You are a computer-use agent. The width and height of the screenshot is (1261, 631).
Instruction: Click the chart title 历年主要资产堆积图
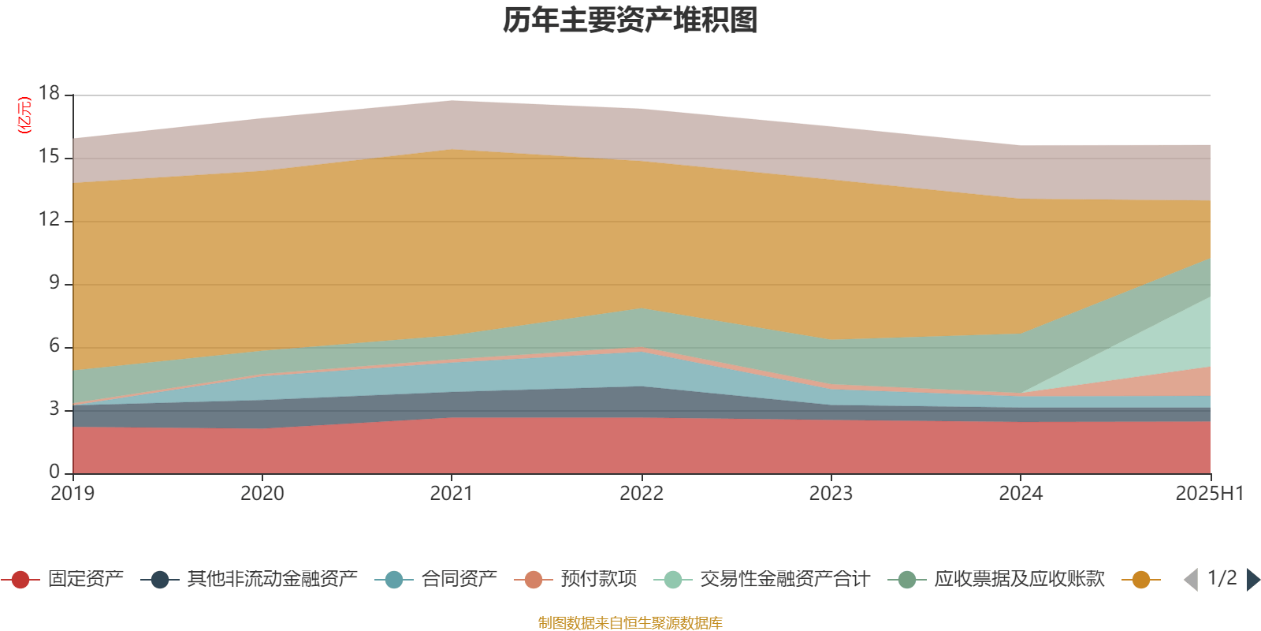[x=630, y=21]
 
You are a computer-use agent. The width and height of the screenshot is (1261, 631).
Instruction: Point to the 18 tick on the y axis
[x=50, y=94]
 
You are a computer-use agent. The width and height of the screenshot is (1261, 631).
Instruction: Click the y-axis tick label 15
[x=50, y=157]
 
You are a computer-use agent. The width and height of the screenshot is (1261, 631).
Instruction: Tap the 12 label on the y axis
[x=50, y=219]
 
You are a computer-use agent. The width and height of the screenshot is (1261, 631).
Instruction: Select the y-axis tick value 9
[x=54, y=282]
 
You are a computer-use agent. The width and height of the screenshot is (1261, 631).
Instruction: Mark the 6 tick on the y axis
[x=54, y=345]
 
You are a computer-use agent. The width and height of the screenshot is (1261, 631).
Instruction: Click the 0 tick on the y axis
[x=54, y=472]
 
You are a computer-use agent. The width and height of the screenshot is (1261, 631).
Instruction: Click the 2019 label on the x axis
[x=73, y=494]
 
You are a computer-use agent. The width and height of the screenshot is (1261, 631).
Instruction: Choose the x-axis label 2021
[x=452, y=494]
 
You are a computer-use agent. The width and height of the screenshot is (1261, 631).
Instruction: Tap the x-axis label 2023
[x=831, y=494]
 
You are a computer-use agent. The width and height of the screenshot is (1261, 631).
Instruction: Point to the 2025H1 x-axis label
[x=1208, y=494]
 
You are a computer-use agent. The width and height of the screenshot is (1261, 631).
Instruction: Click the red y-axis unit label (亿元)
[x=24, y=115]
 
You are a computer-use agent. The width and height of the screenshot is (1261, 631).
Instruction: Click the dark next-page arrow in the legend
[x=1252, y=580]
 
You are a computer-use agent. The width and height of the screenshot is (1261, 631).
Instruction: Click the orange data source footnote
[x=630, y=623]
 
